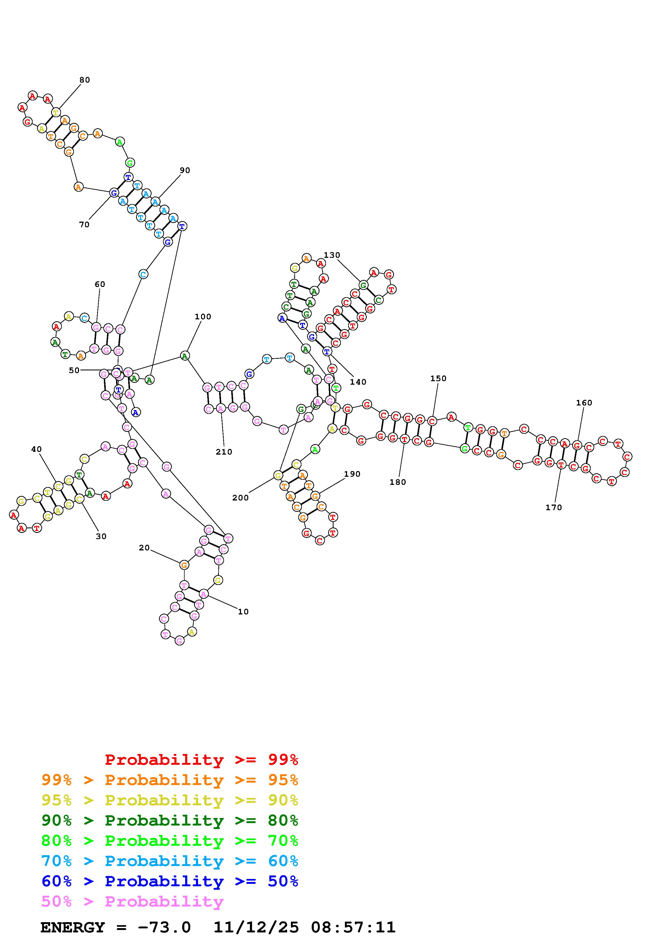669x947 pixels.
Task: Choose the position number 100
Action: (203, 316)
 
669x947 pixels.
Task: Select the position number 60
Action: (100, 284)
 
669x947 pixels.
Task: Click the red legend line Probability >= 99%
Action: (202, 760)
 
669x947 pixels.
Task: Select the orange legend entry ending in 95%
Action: (170, 780)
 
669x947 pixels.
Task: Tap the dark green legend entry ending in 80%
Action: (170, 820)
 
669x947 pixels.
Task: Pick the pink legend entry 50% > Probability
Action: (132, 901)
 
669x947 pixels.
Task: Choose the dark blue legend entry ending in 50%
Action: (170, 881)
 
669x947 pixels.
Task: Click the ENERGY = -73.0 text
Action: (116, 927)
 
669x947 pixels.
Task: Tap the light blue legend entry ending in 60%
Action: (170, 861)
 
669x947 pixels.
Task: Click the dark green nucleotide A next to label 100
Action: (185, 356)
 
